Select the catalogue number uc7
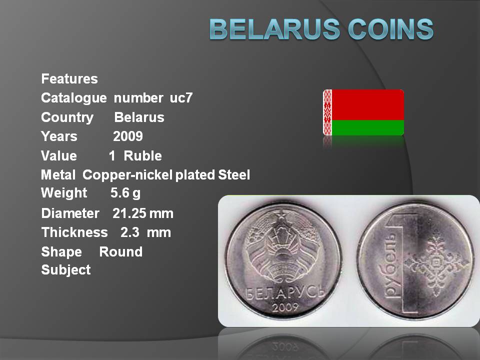[x=181, y=98]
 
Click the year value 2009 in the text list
[x=128, y=136]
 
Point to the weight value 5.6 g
[x=125, y=193]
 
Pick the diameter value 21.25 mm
[x=143, y=213]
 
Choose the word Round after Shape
[x=121, y=252]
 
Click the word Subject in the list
[x=66, y=270]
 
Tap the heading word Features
[x=69, y=78]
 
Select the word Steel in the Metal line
[x=234, y=175]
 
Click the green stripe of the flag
[x=367, y=127]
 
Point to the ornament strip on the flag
[x=327, y=112]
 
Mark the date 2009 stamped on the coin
[x=285, y=307]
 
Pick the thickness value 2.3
[x=130, y=232]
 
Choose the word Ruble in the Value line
[x=142, y=156]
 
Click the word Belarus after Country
[x=139, y=117]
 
